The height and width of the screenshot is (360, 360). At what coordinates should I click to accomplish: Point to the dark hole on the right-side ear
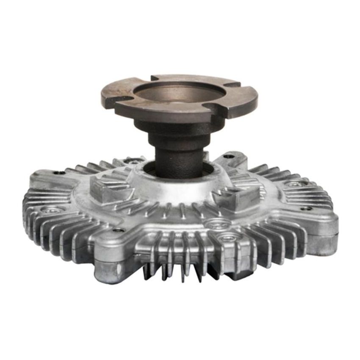[x=306, y=208]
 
